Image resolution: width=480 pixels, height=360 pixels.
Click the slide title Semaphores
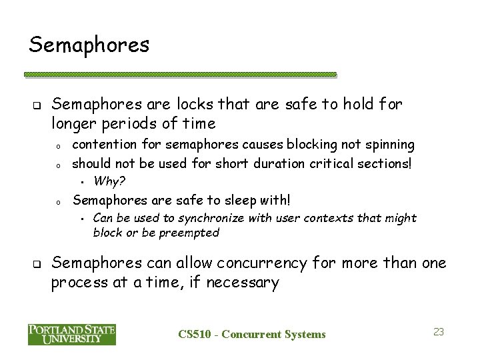(x=89, y=45)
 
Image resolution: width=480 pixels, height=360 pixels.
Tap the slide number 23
(x=439, y=331)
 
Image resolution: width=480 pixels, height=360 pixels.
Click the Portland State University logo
(x=72, y=334)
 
